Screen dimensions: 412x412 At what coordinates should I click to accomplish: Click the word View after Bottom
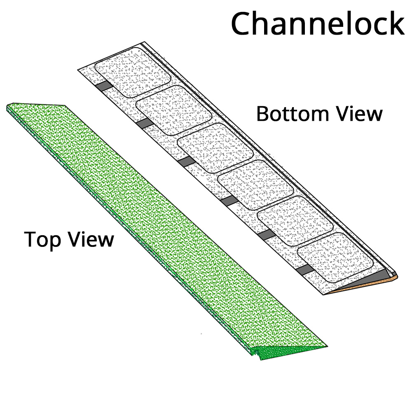coord(358,114)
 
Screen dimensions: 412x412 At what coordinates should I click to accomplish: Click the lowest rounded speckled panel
coord(336,256)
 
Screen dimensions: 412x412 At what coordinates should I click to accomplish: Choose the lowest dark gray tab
coord(306,270)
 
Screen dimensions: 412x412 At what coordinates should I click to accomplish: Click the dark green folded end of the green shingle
coord(288,351)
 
